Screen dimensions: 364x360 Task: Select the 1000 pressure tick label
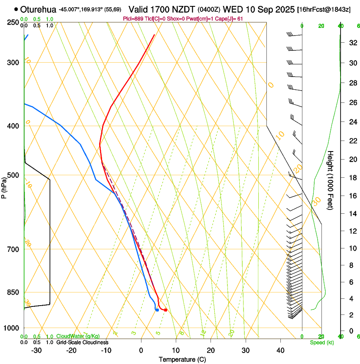point(13,328)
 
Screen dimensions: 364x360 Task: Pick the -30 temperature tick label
point(36,350)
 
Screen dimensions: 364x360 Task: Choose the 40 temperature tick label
point(280,350)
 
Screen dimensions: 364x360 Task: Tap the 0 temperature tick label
point(141,350)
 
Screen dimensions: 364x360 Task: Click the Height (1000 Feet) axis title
point(331,180)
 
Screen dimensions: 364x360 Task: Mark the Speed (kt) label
point(321,342)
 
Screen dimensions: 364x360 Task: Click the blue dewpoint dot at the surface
point(157,310)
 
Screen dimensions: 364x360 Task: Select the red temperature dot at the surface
point(166,310)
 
